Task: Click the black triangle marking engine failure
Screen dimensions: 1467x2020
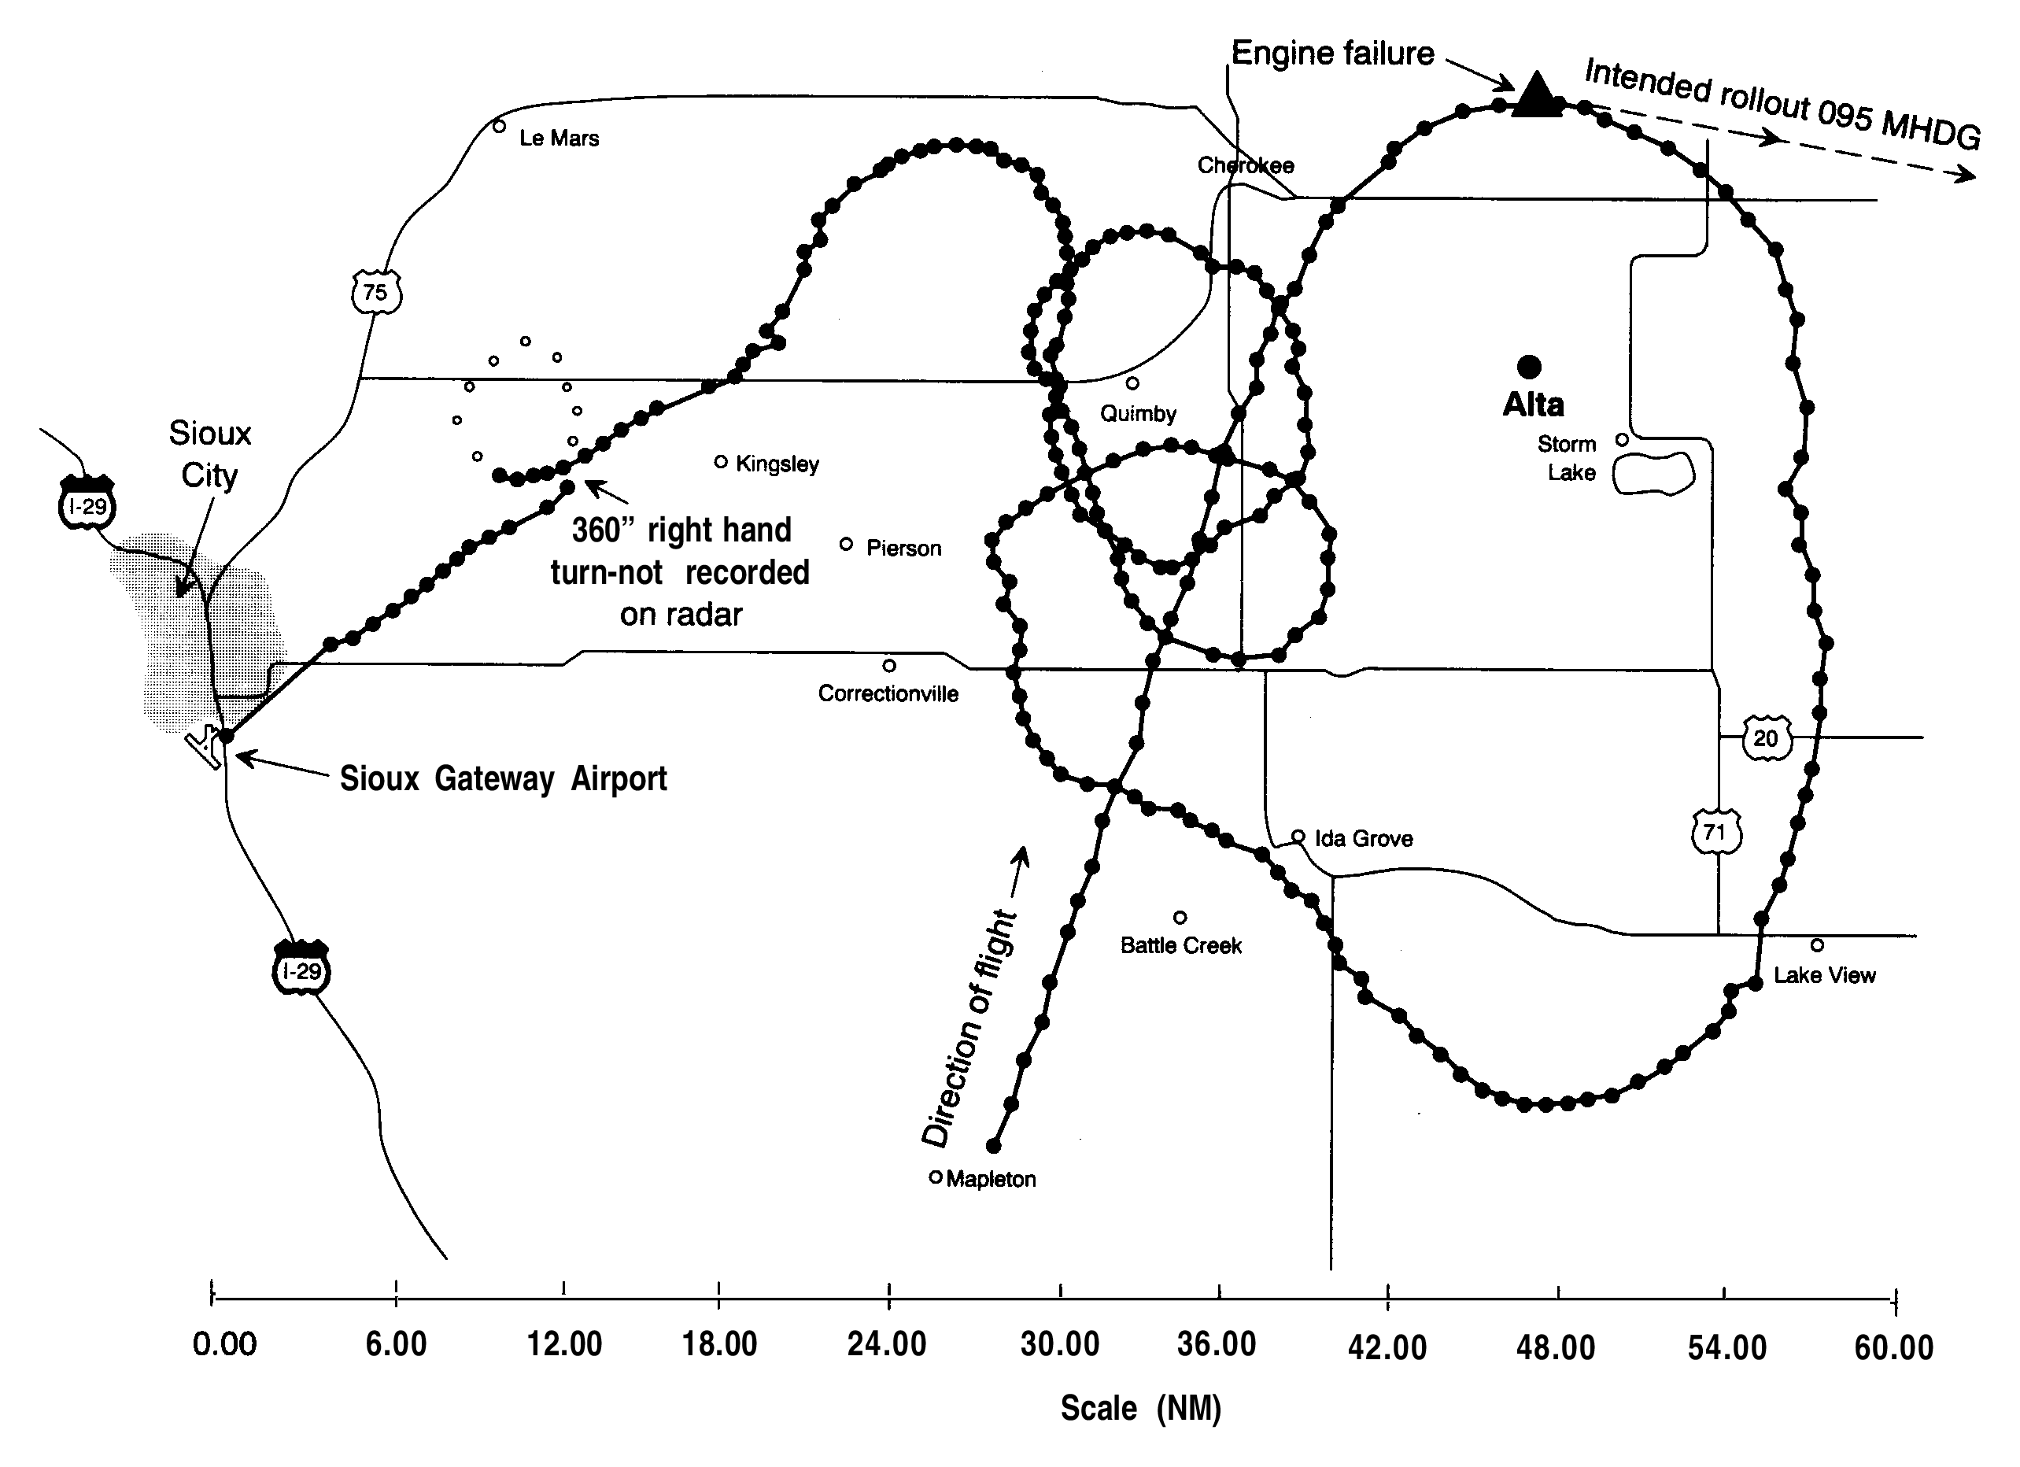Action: pos(1535,96)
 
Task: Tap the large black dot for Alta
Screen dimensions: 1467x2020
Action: pos(1529,366)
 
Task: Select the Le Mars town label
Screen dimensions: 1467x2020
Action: pos(559,138)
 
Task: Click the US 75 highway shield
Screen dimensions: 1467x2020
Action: pos(376,291)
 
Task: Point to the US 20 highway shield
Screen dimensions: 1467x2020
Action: pos(1765,737)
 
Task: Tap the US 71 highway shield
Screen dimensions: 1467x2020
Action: pos(1715,832)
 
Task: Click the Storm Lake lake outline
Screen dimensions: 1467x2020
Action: pos(1653,473)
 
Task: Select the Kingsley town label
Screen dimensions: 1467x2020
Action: pos(777,464)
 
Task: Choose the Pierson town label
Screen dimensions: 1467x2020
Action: pos(903,548)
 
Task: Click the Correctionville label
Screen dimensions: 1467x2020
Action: pos(888,693)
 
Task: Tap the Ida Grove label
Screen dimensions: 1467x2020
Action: pos(1363,838)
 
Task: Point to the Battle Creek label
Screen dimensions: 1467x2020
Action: pos(1180,945)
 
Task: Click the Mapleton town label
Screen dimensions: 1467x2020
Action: pos(991,1178)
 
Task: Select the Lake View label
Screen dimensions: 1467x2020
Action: pos(1824,974)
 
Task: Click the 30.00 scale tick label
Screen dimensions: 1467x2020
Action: pos(1059,1344)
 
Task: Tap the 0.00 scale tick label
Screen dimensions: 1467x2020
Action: pos(224,1344)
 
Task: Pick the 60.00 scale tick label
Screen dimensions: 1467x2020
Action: pos(1893,1347)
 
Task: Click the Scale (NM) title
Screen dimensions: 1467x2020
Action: pos(1140,1408)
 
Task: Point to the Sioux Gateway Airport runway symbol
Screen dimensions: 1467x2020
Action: pos(205,746)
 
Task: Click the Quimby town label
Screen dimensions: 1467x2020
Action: pos(1137,413)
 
